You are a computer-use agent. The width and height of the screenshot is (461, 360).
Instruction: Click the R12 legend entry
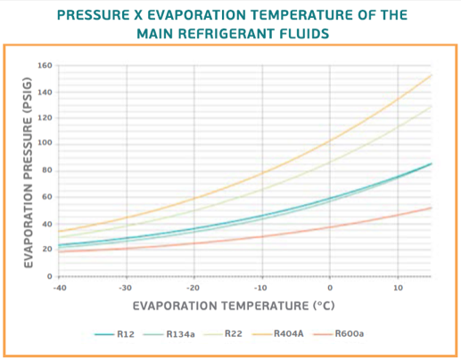[x=115, y=334]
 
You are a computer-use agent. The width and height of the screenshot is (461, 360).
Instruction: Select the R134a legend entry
[x=169, y=334]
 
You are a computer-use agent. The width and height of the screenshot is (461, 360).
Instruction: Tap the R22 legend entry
[x=223, y=334]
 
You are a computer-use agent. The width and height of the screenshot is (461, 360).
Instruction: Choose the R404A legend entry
[x=277, y=334]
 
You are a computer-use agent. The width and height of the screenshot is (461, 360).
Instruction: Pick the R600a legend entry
[x=339, y=334]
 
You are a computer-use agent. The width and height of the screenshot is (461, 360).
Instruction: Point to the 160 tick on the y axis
[x=45, y=65]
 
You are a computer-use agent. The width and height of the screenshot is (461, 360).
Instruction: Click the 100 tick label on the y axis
[x=45, y=143]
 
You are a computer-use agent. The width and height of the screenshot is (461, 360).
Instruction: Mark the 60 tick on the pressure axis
[x=47, y=197]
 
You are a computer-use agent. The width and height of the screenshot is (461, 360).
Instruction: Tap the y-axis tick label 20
[x=47, y=250]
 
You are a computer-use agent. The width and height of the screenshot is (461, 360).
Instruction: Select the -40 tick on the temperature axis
[x=60, y=288]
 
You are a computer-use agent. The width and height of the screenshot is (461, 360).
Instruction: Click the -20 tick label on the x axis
[x=193, y=288]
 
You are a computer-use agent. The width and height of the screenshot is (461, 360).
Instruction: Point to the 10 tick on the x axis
[x=398, y=288]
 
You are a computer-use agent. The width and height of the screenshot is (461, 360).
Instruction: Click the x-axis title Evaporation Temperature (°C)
[x=234, y=306]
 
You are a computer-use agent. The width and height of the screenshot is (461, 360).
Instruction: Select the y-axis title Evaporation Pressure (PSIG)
[x=28, y=173]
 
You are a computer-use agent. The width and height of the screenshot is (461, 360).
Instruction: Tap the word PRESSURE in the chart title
[x=94, y=15]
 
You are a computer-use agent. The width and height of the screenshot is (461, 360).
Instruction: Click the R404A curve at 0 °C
[x=330, y=140]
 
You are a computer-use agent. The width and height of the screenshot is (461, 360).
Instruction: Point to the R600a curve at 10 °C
[x=398, y=215]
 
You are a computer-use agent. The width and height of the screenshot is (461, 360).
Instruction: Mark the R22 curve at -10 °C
[x=262, y=189]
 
